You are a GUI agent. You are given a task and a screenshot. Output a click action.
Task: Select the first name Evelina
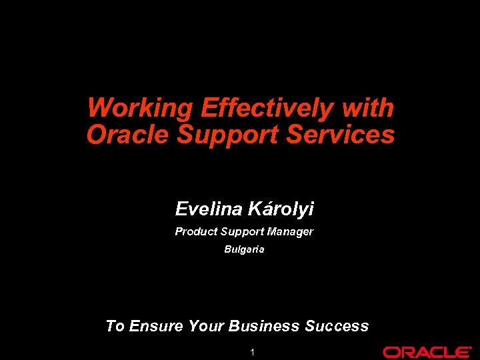point(209,209)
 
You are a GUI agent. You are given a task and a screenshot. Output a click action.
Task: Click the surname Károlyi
point(281,209)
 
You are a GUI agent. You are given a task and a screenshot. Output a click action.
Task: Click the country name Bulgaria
point(244,249)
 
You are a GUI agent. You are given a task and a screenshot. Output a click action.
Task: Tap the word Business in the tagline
point(264,326)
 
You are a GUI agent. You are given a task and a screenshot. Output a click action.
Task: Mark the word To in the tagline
point(115,326)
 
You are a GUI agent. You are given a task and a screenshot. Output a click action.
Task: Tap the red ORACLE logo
point(427,352)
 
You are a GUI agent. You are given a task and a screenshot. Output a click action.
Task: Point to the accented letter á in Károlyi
point(263,209)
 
